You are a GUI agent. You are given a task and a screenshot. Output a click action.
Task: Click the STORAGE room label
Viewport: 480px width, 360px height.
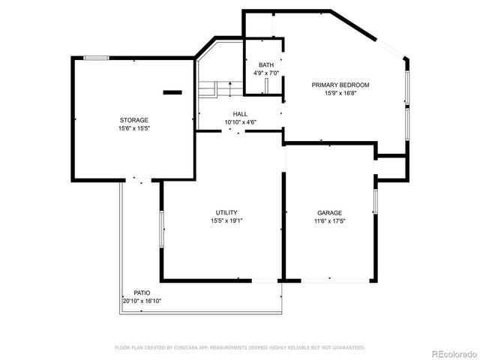pyautogui.click(x=133, y=120)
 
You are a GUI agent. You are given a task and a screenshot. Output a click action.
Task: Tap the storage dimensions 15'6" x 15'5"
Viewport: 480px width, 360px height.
pyautogui.click(x=133, y=128)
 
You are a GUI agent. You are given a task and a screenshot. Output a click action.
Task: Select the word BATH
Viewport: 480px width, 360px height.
pyautogui.click(x=265, y=65)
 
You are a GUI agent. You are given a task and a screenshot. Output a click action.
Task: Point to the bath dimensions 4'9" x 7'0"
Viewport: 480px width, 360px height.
pyautogui.click(x=265, y=73)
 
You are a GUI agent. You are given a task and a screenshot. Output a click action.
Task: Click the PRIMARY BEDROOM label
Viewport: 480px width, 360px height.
pyautogui.click(x=340, y=85)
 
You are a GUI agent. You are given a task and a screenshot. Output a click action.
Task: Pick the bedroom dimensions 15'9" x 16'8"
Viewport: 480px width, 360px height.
pyautogui.click(x=340, y=94)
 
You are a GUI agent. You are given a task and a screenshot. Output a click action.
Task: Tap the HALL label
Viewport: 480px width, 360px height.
pyautogui.click(x=240, y=114)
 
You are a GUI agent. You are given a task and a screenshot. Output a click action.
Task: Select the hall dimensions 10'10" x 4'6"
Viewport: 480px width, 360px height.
pyautogui.click(x=240, y=122)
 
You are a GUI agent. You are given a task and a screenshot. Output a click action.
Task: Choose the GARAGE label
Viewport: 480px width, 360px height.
pyautogui.click(x=329, y=212)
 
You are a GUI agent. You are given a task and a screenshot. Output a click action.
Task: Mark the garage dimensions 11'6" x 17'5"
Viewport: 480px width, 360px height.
pyautogui.click(x=329, y=220)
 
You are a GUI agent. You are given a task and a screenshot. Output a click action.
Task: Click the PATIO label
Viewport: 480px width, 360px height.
pyautogui.click(x=142, y=292)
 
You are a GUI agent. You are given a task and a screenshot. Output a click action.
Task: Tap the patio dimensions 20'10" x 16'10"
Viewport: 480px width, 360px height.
pyautogui.click(x=142, y=301)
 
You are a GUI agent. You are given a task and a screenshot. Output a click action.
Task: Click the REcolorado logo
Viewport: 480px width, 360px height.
pyautogui.click(x=452, y=352)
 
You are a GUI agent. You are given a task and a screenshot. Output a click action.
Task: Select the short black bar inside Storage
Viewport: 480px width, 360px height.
pyautogui.click(x=172, y=92)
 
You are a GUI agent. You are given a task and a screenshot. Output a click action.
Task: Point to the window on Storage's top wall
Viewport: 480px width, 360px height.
pyautogui.click(x=95, y=58)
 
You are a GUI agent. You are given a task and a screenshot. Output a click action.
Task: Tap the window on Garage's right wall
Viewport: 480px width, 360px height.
pyautogui.click(x=375, y=202)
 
